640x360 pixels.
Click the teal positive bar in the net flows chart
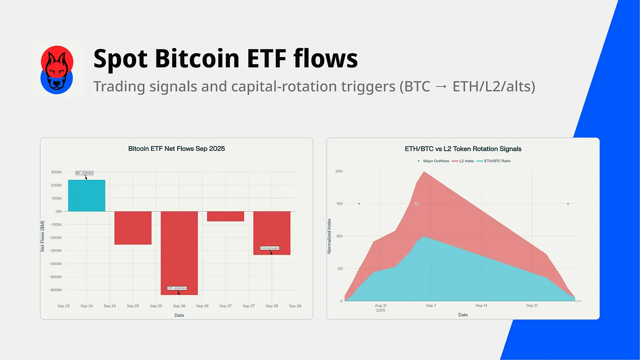(x=87, y=196)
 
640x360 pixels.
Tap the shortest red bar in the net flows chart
(x=225, y=216)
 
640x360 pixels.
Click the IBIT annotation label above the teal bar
(x=85, y=173)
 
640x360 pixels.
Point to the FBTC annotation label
(x=177, y=288)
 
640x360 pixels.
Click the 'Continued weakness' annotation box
(x=270, y=248)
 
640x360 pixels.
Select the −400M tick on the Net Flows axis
(x=54, y=264)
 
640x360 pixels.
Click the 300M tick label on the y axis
(x=55, y=172)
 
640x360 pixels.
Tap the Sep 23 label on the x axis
(x=64, y=306)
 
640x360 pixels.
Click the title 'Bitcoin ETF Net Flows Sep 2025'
(x=176, y=148)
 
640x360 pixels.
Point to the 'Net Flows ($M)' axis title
(x=42, y=236)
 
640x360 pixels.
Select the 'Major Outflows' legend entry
(x=433, y=161)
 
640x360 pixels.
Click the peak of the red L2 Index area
(x=425, y=172)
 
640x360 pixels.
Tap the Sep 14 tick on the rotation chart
(x=481, y=306)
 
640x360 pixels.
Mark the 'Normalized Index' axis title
(x=329, y=236)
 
